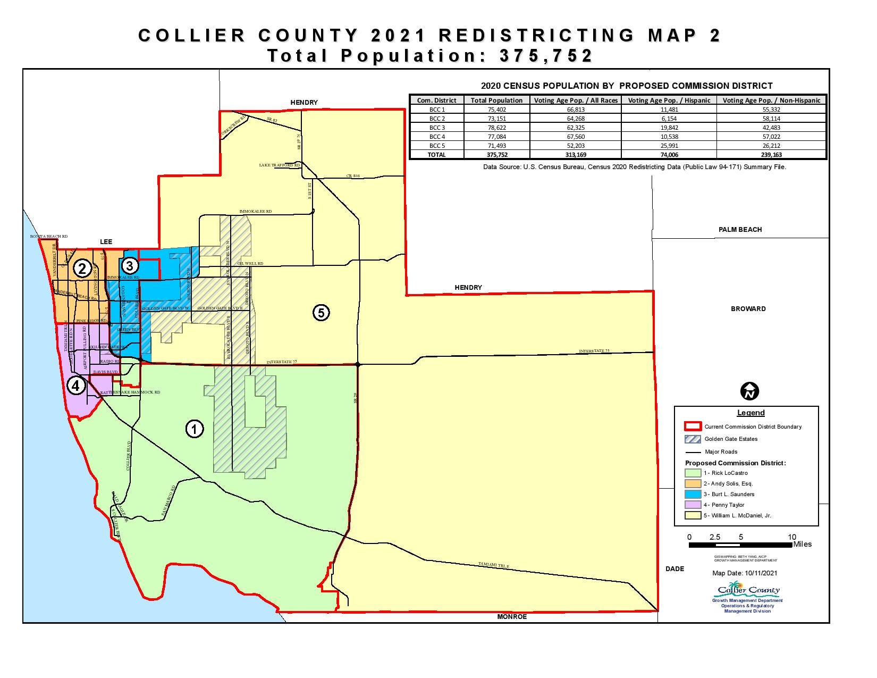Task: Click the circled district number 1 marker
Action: [195, 429]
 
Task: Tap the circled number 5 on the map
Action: [321, 313]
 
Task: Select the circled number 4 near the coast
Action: [76, 386]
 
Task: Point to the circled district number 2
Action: [82, 269]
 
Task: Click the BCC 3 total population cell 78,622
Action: [496, 128]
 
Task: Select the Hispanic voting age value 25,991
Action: [669, 146]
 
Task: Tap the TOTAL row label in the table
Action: [436, 155]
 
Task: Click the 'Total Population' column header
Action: [496, 100]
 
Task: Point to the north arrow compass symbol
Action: [749, 391]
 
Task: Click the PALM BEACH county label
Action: [740, 230]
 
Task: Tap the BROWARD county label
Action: [748, 309]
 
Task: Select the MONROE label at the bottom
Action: [512, 617]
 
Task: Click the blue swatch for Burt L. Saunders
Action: [693, 495]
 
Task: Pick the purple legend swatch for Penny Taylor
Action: [693, 505]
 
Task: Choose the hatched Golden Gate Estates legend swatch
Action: [693, 439]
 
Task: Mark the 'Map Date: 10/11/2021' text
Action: [745, 573]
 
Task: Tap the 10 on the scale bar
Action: [792, 537]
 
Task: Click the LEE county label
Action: [106, 242]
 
